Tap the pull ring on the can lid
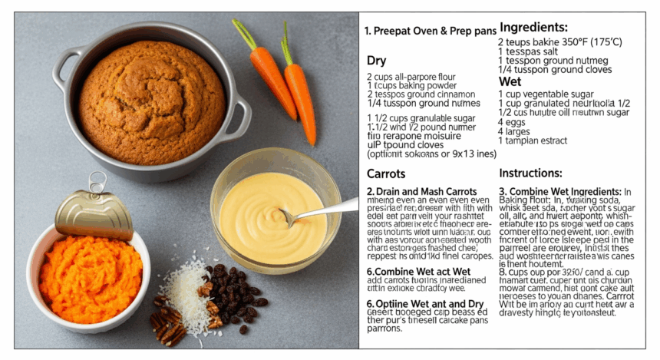97,183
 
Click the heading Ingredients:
536,28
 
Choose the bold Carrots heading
386,174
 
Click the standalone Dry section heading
377,60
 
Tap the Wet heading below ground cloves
510,81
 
